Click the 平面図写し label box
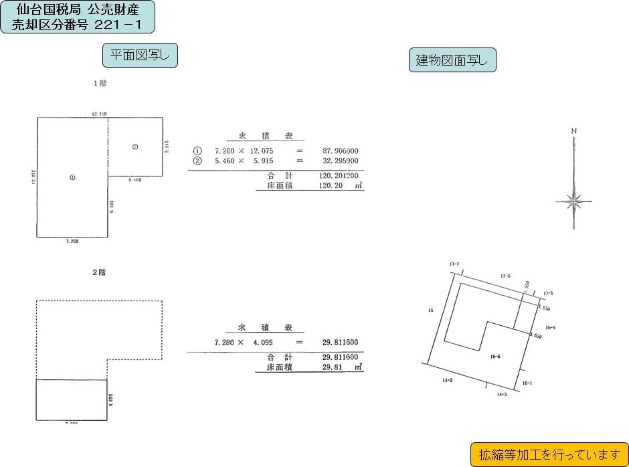coord(139,55)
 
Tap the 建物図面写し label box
coord(452,61)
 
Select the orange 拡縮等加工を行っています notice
coord(549,455)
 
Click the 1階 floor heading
coord(100,84)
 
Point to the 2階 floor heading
coord(99,272)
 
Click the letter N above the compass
coord(573,130)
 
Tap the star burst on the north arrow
coord(573,200)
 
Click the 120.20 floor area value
coord(333,185)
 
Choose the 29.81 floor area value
coord(333,367)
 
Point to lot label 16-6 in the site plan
coord(495,357)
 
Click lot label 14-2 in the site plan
coord(448,380)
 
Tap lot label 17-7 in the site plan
coord(454,264)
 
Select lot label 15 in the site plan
coord(430,310)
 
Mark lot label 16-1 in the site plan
coord(526,383)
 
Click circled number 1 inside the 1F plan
coord(72,177)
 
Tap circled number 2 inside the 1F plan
coord(135,147)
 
